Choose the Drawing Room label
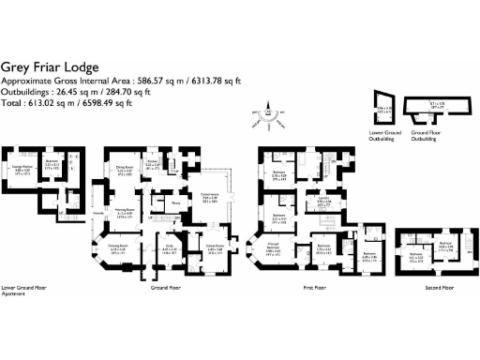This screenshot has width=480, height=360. (x=119, y=249)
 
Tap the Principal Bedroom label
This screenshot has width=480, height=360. (x=272, y=249)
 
